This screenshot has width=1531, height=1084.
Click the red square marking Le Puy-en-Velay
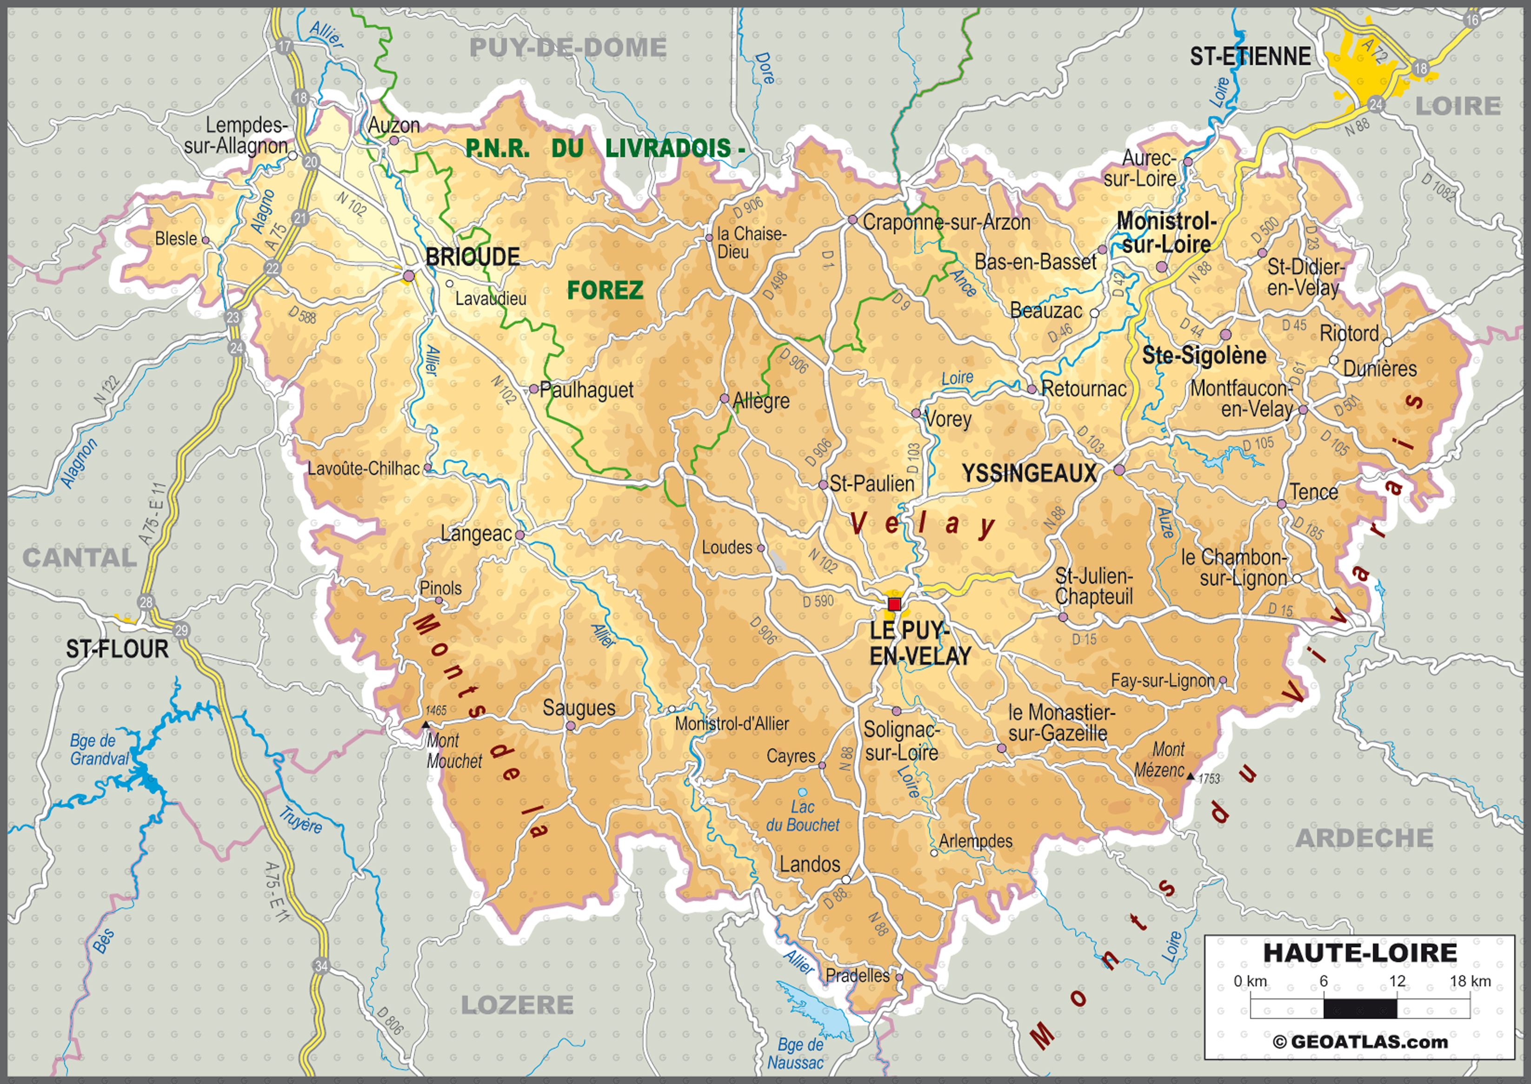click(894, 605)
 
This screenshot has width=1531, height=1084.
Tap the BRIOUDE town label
click(472, 257)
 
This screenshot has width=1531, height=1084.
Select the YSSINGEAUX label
click(1029, 473)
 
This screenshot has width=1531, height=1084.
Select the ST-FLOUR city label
click(117, 649)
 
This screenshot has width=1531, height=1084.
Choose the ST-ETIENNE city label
click(1250, 57)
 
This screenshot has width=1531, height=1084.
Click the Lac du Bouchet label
click(803, 816)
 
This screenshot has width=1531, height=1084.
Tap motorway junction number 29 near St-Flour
click(181, 630)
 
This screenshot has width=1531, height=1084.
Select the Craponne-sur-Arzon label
click(946, 222)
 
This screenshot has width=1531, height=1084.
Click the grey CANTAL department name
click(80, 557)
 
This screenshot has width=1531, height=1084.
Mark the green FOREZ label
click(605, 291)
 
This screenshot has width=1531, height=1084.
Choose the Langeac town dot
click(519, 535)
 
